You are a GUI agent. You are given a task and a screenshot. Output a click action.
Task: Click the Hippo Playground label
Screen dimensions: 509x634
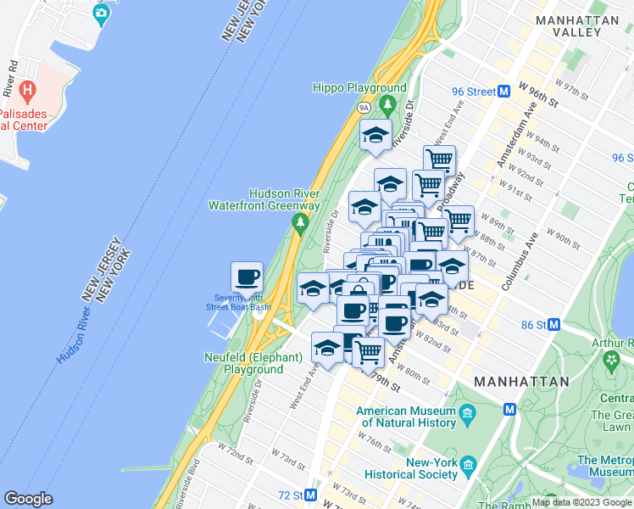pyautogui.click(x=359, y=87)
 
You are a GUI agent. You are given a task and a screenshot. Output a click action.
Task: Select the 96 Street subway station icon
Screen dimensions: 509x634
pyautogui.click(x=503, y=91)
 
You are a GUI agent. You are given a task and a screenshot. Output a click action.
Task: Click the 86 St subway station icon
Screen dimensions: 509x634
pyautogui.click(x=554, y=324)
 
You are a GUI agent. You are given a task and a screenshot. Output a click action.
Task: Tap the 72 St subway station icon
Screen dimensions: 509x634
pyautogui.click(x=311, y=494)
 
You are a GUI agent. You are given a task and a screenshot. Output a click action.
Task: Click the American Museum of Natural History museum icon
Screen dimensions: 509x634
pyautogui.click(x=467, y=417)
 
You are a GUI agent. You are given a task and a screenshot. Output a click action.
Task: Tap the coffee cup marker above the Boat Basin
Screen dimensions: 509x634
pyautogui.click(x=247, y=277)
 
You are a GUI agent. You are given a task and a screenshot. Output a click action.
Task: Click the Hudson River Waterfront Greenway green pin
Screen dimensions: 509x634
pyautogui.click(x=299, y=222)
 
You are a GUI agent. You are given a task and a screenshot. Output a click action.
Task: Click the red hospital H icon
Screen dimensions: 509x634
pyautogui.click(x=27, y=89)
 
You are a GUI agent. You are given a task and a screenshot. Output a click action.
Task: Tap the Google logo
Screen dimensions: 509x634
pyautogui.click(x=28, y=499)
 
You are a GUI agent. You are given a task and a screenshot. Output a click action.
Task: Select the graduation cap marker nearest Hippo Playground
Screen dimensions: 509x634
pyautogui.click(x=375, y=135)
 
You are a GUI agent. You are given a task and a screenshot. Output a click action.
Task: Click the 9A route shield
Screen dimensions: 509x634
pyautogui.click(x=364, y=108)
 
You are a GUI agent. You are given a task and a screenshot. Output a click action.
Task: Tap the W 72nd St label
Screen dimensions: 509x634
pyautogui.click(x=236, y=458)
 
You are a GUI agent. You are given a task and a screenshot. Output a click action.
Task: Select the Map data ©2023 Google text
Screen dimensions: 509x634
pyautogui.click(x=581, y=502)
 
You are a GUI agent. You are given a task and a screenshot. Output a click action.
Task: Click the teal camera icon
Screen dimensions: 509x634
pyautogui.click(x=101, y=13)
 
